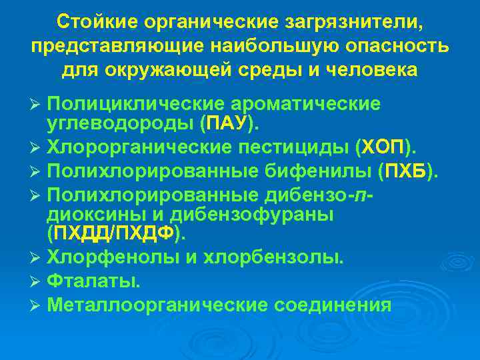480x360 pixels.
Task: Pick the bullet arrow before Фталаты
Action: [x=37, y=281]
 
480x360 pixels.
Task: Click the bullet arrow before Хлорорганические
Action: [x=37, y=146]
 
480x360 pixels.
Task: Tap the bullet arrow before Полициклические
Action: [x=37, y=105]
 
